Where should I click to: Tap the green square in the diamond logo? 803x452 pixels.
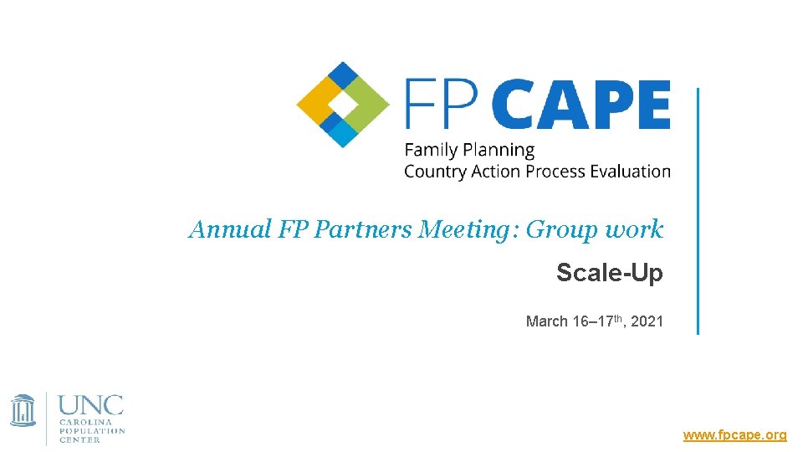[x=366, y=104]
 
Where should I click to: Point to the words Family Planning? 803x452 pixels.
[x=468, y=151]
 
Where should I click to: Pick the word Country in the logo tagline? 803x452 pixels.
[x=434, y=172]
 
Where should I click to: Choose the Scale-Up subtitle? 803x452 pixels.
[x=609, y=272]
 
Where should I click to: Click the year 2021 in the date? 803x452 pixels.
[x=647, y=321]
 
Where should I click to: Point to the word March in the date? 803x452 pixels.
[x=545, y=321]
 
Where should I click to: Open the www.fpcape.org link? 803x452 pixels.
[x=734, y=435]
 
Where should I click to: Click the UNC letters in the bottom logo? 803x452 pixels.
[x=90, y=406]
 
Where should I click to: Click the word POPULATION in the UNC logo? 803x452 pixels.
[x=92, y=431]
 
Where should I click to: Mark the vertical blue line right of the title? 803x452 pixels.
[x=698, y=209]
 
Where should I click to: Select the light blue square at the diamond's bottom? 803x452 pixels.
[x=343, y=132]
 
